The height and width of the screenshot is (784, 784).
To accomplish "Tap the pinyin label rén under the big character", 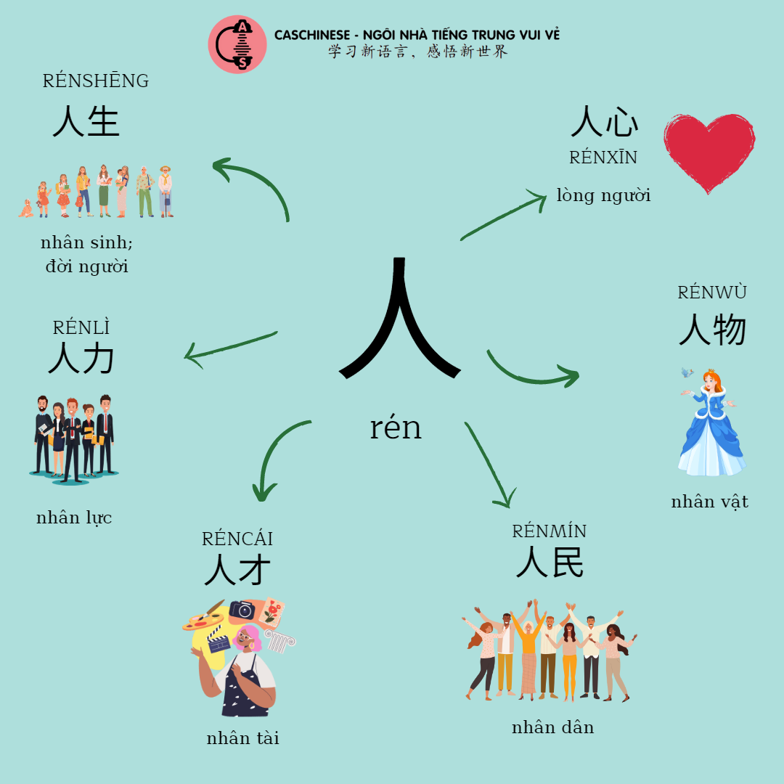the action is click(x=396, y=428).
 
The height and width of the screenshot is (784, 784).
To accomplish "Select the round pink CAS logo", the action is click(x=237, y=44).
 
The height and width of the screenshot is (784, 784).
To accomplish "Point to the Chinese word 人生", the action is click(x=86, y=121).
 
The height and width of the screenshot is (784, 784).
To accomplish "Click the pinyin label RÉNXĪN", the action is click(x=603, y=158).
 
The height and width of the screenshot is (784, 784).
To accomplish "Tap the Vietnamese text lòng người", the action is click(x=603, y=195).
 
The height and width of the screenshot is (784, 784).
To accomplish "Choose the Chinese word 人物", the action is click(x=712, y=330).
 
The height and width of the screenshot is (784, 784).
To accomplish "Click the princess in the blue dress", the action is click(x=709, y=422).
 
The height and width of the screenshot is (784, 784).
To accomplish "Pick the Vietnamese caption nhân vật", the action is click(x=709, y=502).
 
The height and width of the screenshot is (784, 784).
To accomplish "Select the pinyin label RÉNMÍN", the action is click(x=549, y=531).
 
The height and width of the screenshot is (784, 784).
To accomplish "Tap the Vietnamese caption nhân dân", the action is click(x=552, y=727).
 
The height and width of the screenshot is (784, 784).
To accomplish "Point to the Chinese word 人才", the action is click(x=237, y=570).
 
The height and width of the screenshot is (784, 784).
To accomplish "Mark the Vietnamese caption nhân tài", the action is click(x=242, y=738).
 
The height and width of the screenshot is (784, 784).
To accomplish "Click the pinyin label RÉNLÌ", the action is click(x=81, y=327).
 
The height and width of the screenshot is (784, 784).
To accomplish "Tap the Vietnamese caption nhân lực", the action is click(x=74, y=518).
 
